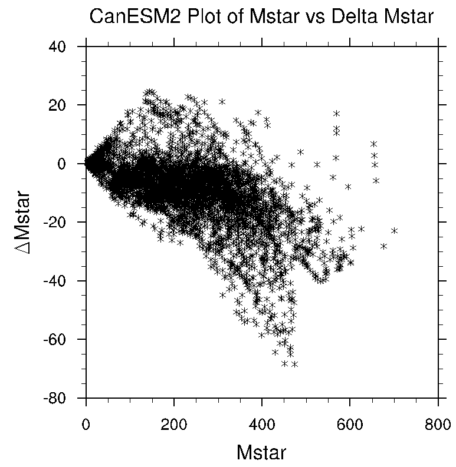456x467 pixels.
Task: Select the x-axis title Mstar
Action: pos(261,452)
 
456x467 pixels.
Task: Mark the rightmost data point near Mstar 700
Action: pos(394,230)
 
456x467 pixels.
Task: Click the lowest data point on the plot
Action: pos(294,364)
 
